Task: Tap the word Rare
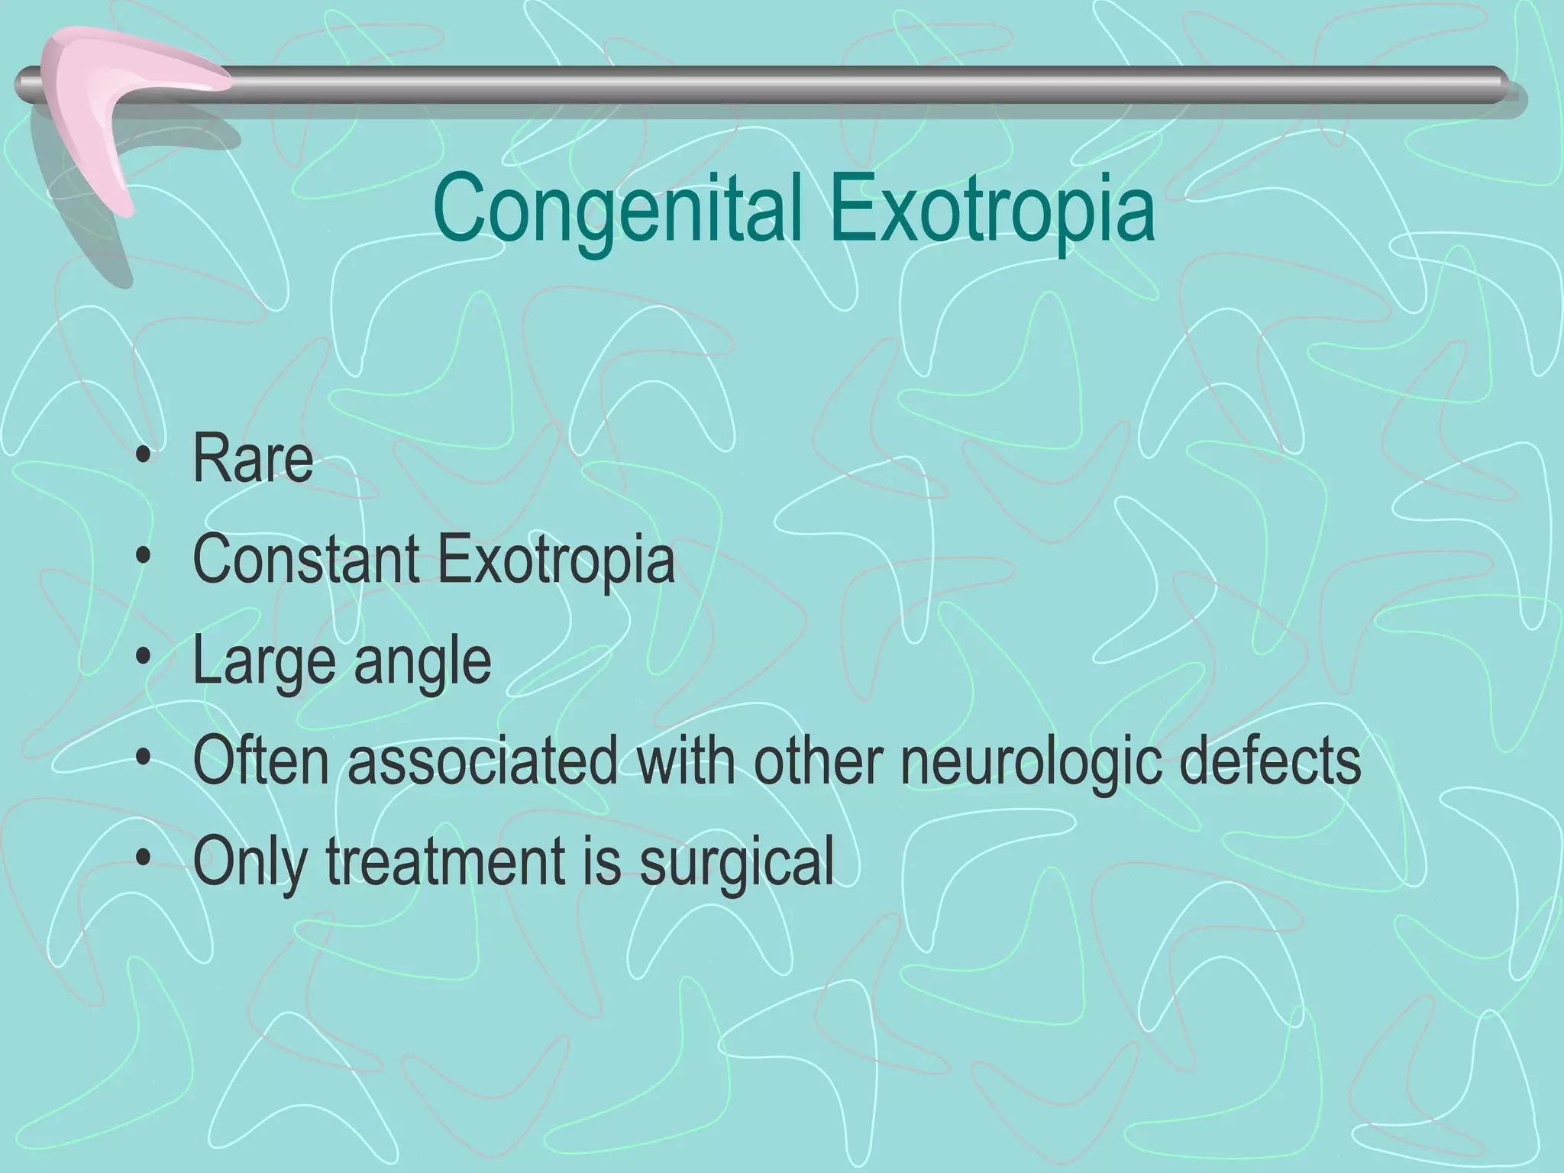[253, 458]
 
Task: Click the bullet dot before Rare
[143, 460]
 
